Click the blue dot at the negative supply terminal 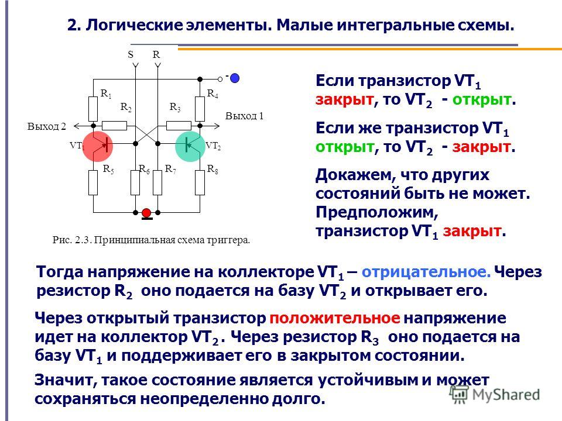coord(235,78)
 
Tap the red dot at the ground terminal coord(146,213)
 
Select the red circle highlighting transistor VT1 coord(98,146)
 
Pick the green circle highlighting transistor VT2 coord(190,146)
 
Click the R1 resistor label coord(106,94)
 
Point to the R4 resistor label coord(213,94)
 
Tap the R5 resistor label coord(108,169)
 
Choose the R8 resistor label coord(213,169)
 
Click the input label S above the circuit coord(131,54)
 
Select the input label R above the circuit coord(156,54)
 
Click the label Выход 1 coord(244,116)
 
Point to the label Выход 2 coord(47,126)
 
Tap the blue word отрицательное coord(426,272)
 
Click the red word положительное coord(335,318)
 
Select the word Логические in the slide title coord(134,25)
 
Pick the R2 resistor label coord(126,107)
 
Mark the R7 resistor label coord(170,169)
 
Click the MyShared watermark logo coord(495,395)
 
